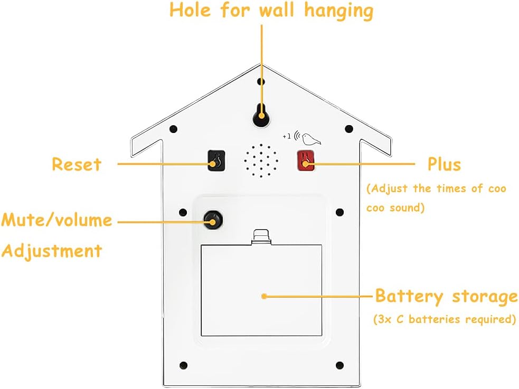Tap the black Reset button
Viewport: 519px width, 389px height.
(216, 161)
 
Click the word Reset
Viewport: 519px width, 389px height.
(76, 164)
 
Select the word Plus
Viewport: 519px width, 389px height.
(444, 164)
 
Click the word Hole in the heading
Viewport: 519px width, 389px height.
(190, 11)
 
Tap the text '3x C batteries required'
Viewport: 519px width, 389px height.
(444, 319)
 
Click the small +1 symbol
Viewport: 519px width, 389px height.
(286, 136)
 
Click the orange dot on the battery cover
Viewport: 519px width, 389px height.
(263, 296)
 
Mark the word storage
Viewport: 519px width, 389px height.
(485, 297)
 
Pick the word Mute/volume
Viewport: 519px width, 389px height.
(56, 220)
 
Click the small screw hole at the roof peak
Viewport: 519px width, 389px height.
(260, 81)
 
